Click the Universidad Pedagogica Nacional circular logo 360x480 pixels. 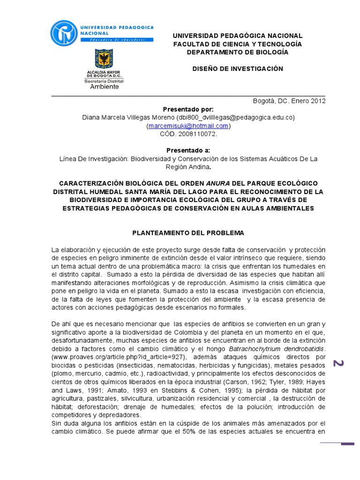point(65,33)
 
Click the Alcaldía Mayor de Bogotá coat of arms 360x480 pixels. point(104,60)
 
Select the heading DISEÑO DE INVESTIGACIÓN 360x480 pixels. point(238,68)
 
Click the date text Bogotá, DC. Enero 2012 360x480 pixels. point(289,100)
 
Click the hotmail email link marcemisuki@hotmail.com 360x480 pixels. point(188,126)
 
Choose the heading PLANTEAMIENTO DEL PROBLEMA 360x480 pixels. point(188,232)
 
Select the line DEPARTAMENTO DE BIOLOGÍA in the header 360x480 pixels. point(238,52)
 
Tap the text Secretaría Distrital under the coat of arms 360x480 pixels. point(104,81)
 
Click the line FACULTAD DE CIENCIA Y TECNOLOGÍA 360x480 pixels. point(238,44)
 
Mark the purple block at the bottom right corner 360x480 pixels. point(347,443)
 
